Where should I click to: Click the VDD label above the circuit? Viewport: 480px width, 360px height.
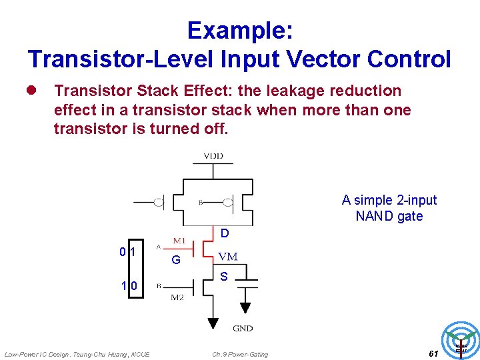pyautogui.click(x=213, y=156)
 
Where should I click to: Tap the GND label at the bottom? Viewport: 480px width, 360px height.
pyautogui.click(x=243, y=328)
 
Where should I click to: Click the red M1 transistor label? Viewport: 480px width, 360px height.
pyautogui.click(x=179, y=240)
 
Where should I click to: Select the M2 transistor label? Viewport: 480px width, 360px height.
pyautogui.click(x=177, y=297)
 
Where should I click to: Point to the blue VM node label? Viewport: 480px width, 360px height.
pyautogui.click(x=228, y=257)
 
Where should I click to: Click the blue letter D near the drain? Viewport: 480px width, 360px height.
pyautogui.click(x=225, y=233)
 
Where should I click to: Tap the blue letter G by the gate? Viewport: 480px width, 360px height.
pyautogui.click(x=175, y=260)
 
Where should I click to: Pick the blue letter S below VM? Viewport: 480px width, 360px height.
pyautogui.click(x=224, y=277)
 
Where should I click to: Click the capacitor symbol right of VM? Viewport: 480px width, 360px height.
pyautogui.click(x=245, y=283)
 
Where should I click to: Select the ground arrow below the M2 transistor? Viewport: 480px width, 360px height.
pyautogui.click(x=213, y=324)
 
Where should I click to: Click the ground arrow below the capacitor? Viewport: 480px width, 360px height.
pyautogui.click(x=245, y=307)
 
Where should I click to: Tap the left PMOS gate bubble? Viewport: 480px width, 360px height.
pyautogui.click(x=159, y=201)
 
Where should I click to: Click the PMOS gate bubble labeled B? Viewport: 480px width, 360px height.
pyautogui.click(x=227, y=201)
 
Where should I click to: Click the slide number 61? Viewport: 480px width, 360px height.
pyautogui.click(x=433, y=353)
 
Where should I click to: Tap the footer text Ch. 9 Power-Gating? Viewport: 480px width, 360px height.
pyautogui.click(x=240, y=354)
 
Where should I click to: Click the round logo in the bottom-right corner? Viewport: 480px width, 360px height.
pyautogui.click(x=461, y=341)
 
